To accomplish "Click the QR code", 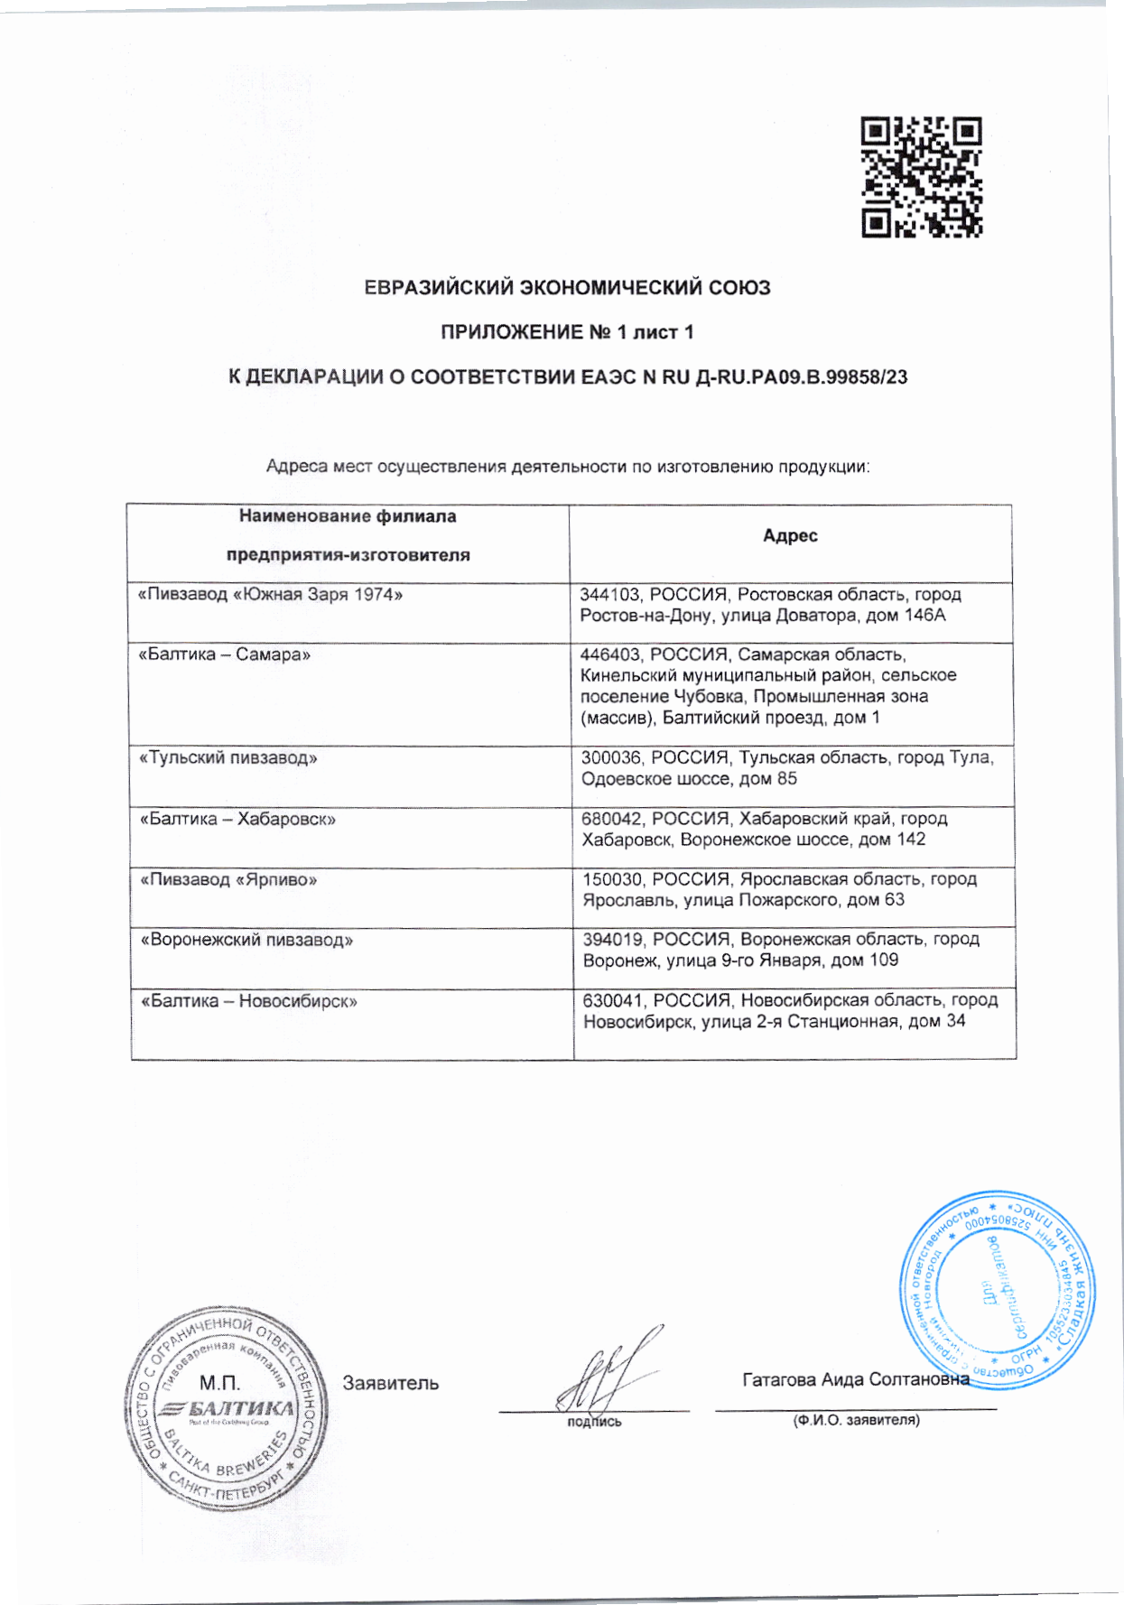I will click(921, 177).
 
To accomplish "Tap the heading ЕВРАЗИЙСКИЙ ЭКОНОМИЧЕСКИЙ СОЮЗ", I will click(567, 288).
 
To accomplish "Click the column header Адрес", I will click(790, 535).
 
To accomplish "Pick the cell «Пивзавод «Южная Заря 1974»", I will click(270, 595).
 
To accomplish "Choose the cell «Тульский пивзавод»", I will click(228, 757).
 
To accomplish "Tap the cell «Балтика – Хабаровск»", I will click(237, 819).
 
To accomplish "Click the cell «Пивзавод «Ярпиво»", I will click(228, 879).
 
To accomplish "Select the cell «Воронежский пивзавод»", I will click(246, 940).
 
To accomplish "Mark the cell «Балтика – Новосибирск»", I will click(249, 1001).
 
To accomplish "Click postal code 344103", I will click(609, 595).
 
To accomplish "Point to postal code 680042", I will click(611, 819).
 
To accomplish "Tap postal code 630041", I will click(613, 1000).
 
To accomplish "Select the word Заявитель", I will click(390, 1383).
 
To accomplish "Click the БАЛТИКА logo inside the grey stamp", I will click(228, 1409).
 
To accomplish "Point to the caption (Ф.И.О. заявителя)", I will click(856, 1420).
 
